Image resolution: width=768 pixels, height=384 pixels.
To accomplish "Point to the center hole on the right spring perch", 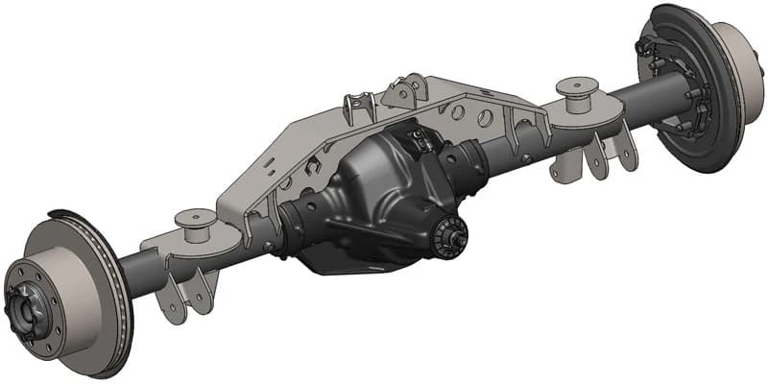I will (x=578, y=84).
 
